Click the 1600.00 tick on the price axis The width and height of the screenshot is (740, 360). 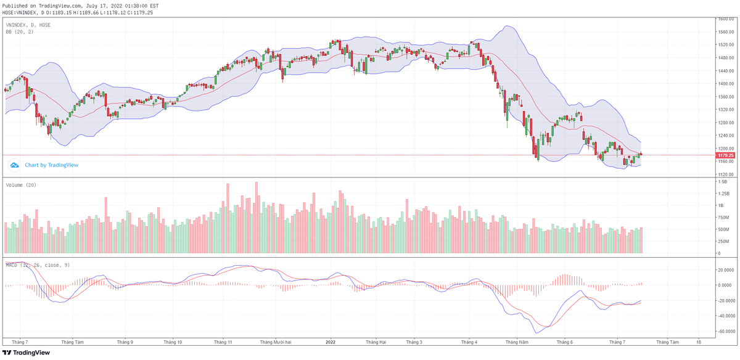pyautogui.click(x=725, y=19)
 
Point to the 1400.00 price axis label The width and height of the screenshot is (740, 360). pyautogui.click(x=725, y=84)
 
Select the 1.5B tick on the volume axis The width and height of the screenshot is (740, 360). pyautogui.click(x=721, y=182)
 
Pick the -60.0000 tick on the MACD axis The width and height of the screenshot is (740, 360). pyautogui.click(x=725, y=331)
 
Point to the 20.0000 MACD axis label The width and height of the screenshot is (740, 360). pyautogui.click(x=725, y=269)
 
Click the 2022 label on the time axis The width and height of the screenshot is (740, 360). pyautogui.click(x=331, y=341)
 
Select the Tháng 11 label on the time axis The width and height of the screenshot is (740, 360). pyautogui.click(x=222, y=341)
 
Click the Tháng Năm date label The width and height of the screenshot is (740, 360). pyautogui.click(x=517, y=341)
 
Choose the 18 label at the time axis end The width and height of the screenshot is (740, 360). pyautogui.click(x=698, y=341)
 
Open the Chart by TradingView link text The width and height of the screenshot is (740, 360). pyautogui.click(x=51, y=165)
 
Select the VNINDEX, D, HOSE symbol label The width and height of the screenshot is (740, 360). pyautogui.click(x=28, y=25)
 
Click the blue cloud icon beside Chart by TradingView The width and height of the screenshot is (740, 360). pyautogui.click(x=14, y=165)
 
